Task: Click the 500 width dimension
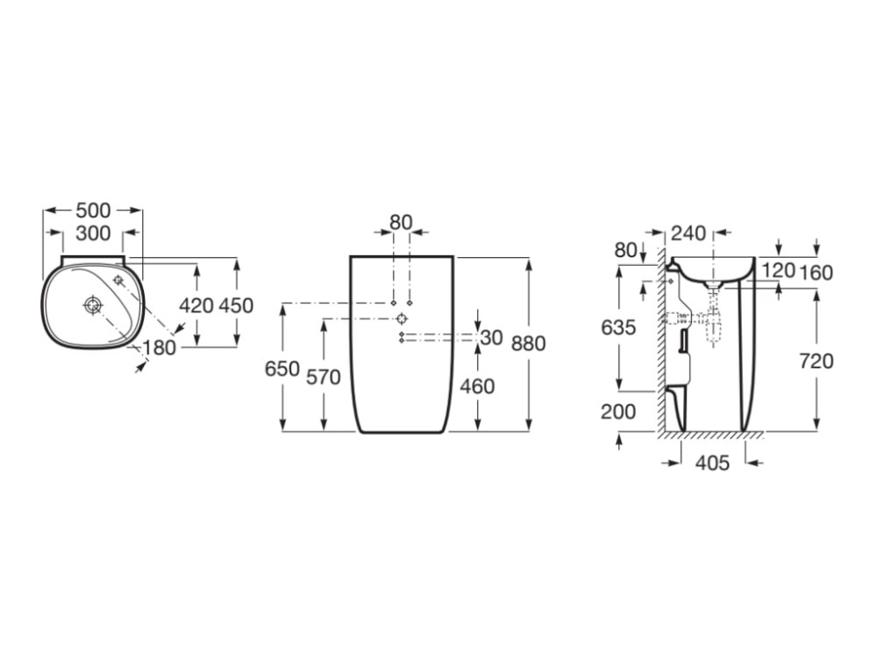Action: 94,211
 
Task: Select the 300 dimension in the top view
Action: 94,232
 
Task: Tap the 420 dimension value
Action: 196,305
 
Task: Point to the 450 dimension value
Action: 236,305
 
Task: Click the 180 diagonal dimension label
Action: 160,348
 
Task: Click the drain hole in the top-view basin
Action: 92,305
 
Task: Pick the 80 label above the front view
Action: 401,222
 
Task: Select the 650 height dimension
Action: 282,368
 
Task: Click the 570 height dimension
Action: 324,377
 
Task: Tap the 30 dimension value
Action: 492,338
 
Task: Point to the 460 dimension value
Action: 477,386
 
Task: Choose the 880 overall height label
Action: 529,343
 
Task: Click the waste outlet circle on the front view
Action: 402,319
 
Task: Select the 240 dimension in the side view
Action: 689,232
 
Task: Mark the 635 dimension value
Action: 618,326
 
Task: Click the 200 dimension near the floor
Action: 618,411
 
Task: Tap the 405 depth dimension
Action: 712,462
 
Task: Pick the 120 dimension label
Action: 779,270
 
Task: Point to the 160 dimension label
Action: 816,273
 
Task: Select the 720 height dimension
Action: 816,361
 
